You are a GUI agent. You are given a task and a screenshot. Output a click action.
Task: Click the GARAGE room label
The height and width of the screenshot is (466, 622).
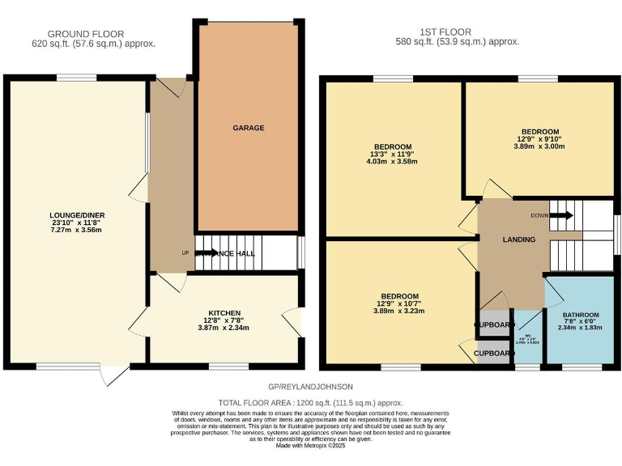(x=249, y=128)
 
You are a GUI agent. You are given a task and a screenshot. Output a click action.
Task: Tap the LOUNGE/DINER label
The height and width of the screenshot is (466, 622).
(x=77, y=214)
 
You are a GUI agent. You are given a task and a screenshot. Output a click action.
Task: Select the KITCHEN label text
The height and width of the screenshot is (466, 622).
(x=224, y=312)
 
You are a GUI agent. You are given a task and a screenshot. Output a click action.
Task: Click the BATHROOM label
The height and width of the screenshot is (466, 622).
(x=581, y=315)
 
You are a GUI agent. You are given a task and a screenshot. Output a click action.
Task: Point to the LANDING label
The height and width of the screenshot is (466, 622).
(x=518, y=239)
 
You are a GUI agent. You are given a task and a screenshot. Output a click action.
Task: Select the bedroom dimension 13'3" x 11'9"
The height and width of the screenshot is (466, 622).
(x=392, y=154)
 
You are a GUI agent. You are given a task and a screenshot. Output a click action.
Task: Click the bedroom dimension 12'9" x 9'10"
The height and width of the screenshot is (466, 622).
(x=539, y=139)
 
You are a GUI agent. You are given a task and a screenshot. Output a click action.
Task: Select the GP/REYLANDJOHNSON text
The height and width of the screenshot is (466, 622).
(x=310, y=388)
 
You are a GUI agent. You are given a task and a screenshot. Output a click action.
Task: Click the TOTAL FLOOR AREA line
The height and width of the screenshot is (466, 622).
(x=310, y=402)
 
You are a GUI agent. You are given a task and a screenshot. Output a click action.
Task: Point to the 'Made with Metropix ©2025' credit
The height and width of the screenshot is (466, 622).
(x=310, y=446)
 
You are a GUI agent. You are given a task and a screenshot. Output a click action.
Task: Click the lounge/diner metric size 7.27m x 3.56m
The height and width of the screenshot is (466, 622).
(x=77, y=231)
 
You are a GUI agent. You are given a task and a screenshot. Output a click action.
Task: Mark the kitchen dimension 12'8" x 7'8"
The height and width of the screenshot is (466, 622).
(x=224, y=320)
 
